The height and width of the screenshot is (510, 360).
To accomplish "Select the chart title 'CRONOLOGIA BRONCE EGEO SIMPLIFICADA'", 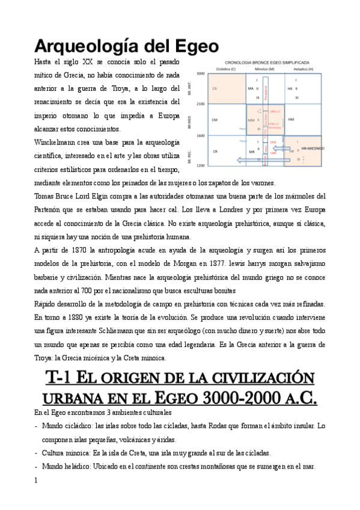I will pos(267,62).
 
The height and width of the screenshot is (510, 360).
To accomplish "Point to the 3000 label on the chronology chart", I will pos(201,73).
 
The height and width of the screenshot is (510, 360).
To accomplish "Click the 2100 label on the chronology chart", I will pos(201,104).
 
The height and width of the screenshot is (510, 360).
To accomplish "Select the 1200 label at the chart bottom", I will pos(201,164).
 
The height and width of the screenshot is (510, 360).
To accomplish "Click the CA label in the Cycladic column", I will pos(215,88).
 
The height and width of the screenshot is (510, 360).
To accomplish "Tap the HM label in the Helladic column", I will pos(291,119).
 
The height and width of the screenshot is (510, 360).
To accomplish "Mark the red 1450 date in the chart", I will pos(273,142).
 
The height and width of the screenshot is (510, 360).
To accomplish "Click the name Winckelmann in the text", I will pos(56,143).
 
